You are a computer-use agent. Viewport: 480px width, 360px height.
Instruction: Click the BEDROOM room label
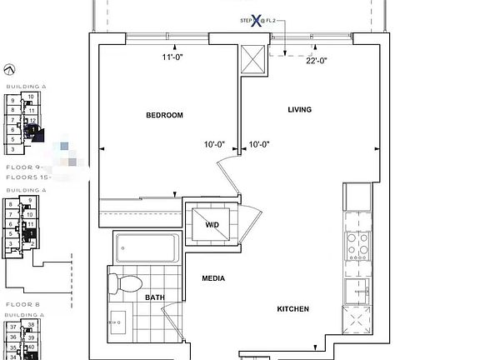pos(164,115)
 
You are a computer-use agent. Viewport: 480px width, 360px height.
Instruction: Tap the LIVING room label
pos(299,110)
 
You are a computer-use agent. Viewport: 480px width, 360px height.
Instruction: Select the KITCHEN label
pos(292,309)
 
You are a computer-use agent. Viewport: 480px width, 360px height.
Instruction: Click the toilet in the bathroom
pos(125,282)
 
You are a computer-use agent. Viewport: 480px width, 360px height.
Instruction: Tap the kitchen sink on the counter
pos(357,289)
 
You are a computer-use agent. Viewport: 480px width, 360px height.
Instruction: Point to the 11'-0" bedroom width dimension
pos(172,57)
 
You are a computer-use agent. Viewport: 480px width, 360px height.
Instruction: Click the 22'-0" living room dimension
pos(317,59)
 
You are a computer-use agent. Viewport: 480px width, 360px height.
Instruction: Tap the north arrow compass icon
pos(9,71)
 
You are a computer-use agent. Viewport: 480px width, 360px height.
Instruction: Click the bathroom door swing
pos(173,321)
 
